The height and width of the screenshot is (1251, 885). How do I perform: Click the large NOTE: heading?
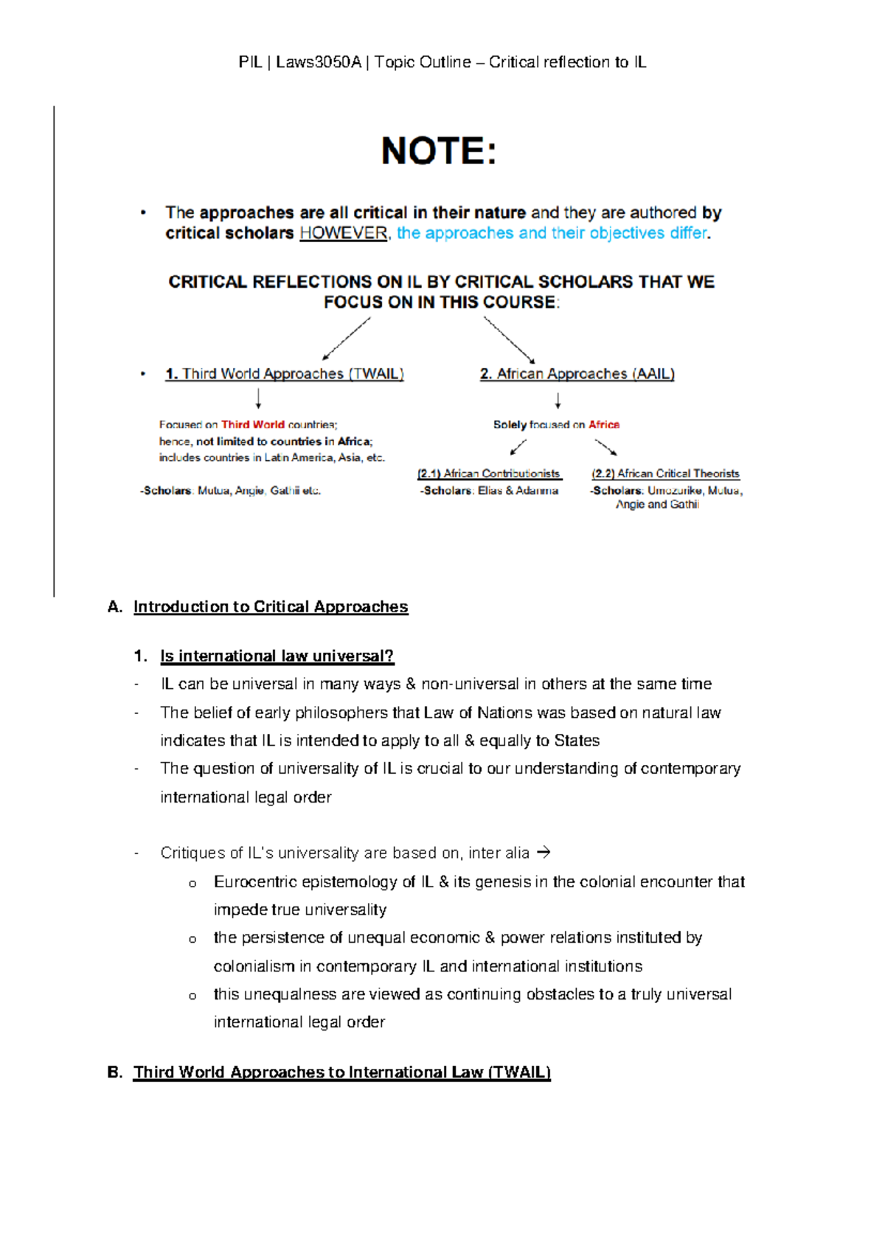click(439, 151)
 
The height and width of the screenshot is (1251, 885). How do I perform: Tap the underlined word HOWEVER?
click(343, 233)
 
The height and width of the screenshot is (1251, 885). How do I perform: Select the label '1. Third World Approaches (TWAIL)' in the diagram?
click(285, 374)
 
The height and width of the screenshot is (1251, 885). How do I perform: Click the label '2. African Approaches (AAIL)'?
click(577, 374)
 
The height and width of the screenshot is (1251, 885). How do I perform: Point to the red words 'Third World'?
click(252, 425)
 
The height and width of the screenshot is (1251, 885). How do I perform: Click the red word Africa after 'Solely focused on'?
click(604, 425)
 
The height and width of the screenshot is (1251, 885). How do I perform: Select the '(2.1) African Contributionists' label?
click(489, 474)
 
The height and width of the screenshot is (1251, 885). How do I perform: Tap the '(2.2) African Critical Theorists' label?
click(665, 474)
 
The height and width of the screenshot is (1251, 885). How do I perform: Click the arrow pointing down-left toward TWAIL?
click(347, 339)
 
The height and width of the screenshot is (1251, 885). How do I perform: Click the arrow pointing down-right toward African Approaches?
click(509, 339)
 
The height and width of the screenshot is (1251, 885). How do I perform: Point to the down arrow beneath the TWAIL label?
click(258, 399)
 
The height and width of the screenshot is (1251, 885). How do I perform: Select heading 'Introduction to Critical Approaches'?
click(270, 607)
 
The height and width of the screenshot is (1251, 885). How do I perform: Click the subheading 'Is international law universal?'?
click(277, 656)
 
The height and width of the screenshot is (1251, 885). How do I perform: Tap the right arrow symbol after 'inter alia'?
click(544, 853)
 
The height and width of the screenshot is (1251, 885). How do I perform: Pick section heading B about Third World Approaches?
click(341, 1072)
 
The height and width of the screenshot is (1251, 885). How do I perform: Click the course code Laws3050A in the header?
click(319, 63)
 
